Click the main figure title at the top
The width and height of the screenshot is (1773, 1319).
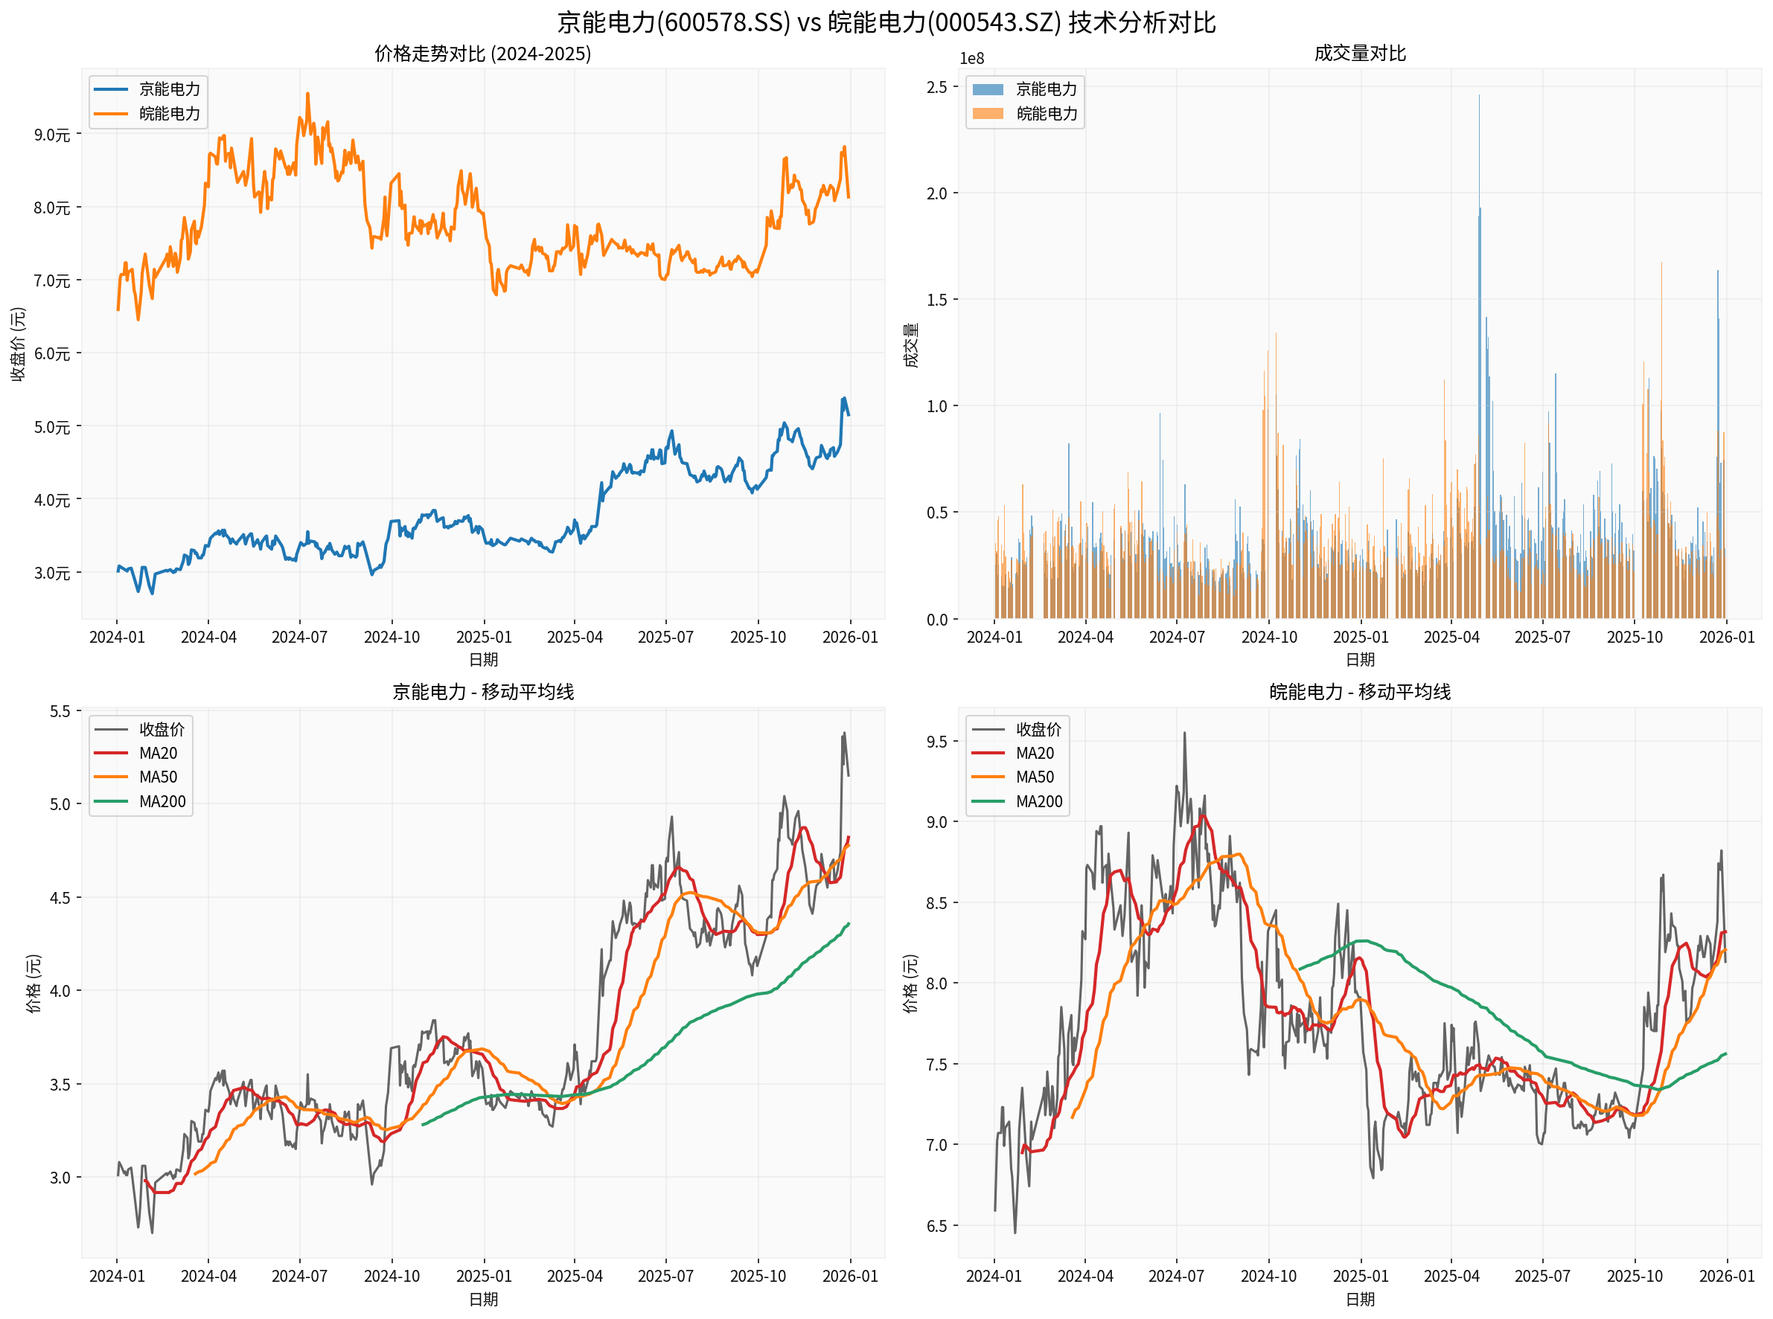click(x=886, y=22)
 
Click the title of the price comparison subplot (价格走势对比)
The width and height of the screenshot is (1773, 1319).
click(x=482, y=54)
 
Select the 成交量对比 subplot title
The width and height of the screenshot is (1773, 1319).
click(x=1359, y=54)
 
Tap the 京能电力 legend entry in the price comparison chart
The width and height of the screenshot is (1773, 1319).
click(x=168, y=89)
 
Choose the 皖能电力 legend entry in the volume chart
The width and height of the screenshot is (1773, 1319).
click(x=1047, y=113)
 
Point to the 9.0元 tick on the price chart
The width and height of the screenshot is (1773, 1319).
click(x=52, y=134)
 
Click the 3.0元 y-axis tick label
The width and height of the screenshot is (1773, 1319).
click(x=52, y=573)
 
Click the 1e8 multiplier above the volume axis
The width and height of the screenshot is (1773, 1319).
click(x=971, y=58)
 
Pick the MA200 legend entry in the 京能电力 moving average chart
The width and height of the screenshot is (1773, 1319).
click(x=162, y=800)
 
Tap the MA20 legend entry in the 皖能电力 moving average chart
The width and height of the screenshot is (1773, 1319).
click(x=1035, y=753)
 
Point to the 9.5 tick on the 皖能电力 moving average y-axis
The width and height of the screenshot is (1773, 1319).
click(x=936, y=742)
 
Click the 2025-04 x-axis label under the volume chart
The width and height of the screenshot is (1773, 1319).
click(x=1451, y=637)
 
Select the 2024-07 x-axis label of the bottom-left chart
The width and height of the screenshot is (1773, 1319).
click(x=299, y=1276)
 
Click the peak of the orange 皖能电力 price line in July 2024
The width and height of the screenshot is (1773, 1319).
click(x=307, y=94)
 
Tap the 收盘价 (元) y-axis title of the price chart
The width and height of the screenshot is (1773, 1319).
click(x=18, y=344)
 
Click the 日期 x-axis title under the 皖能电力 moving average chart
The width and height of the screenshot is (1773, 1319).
click(x=1359, y=1300)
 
